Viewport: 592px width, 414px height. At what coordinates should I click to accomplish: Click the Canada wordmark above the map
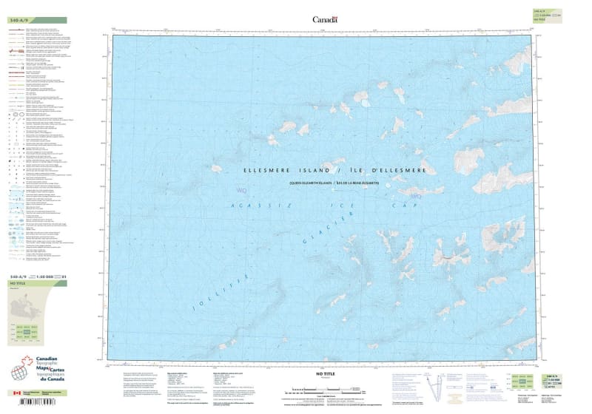point(325,19)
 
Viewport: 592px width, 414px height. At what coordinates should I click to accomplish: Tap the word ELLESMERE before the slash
point(269,170)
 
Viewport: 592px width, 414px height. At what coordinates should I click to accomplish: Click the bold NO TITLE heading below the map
point(316,376)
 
